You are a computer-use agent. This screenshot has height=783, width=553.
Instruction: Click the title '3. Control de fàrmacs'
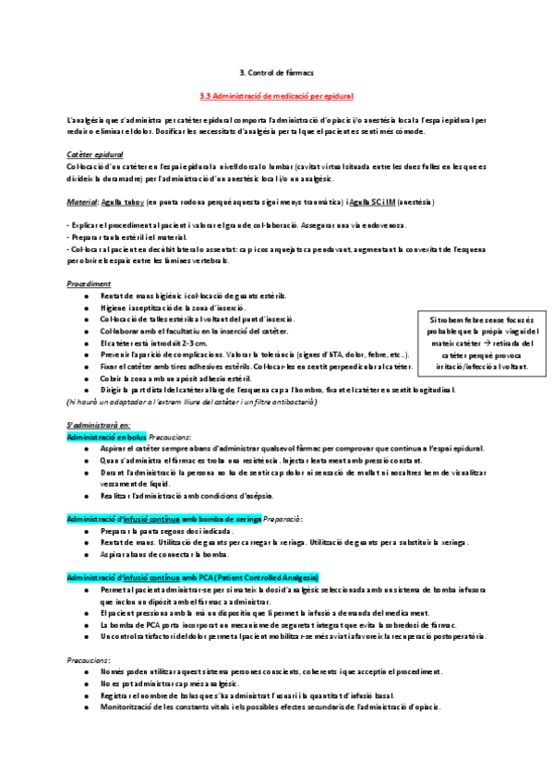[276, 71]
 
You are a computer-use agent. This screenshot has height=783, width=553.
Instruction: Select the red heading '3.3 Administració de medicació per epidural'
[276, 95]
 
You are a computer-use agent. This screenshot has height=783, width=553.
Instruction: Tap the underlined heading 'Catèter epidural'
[95, 154]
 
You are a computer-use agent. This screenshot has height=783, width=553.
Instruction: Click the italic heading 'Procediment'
[90, 283]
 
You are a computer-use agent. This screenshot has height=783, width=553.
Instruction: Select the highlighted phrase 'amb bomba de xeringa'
[218, 519]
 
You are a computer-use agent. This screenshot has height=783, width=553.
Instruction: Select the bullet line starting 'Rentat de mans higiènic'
[194, 295]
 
